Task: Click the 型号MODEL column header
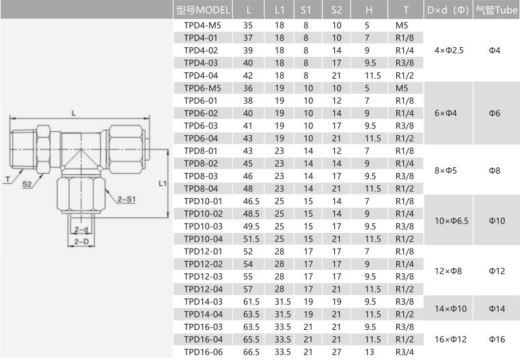click(x=203, y=10)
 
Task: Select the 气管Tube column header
click(x=497, y=10)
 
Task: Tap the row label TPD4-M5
click(x=202, y=25)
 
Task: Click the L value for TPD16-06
click(x=251, y=352)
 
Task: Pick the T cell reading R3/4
click(x=405, y=352)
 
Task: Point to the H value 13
click(x=369, y=352)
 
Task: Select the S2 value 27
click(x=336, y=352)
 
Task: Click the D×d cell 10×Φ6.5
click(x=452, y=221)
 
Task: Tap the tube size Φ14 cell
click(x=497, y=309)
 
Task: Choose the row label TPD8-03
click(x=201, y=176)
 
